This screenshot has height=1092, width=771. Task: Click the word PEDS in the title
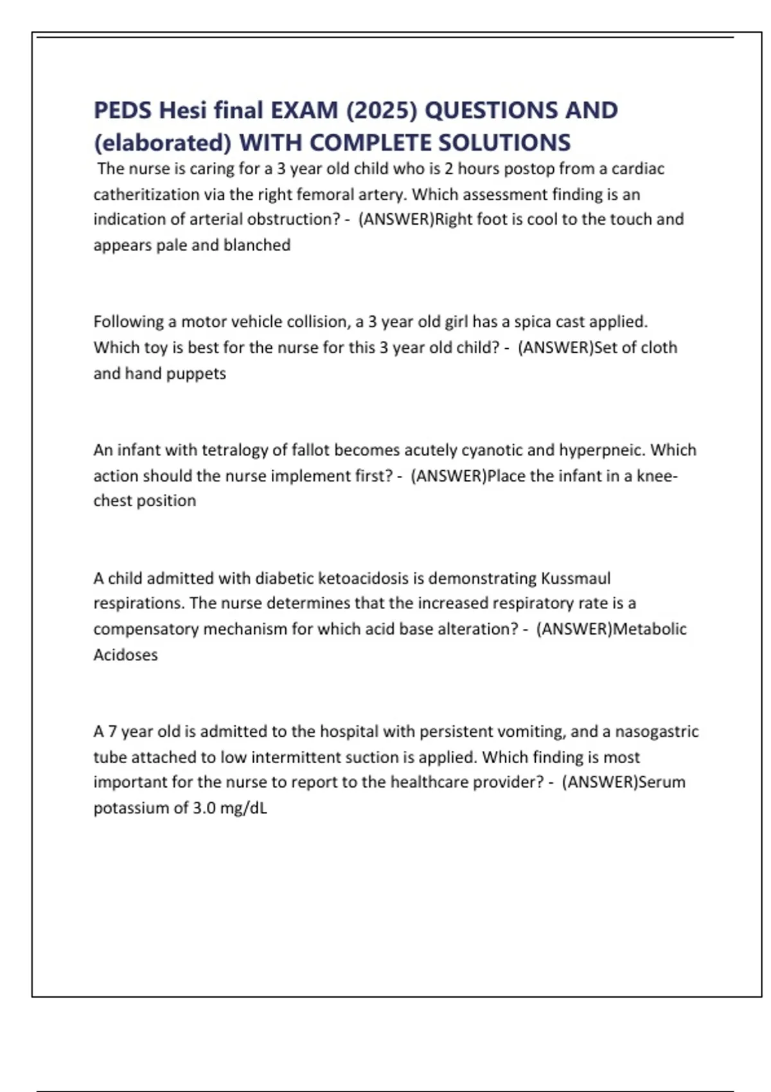pos(123,110)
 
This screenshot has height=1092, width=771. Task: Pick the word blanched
pos(257,245)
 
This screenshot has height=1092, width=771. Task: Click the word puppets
pos(197,373)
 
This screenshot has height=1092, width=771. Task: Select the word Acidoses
pos(125,655)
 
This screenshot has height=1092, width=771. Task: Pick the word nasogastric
pos(657,731)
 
